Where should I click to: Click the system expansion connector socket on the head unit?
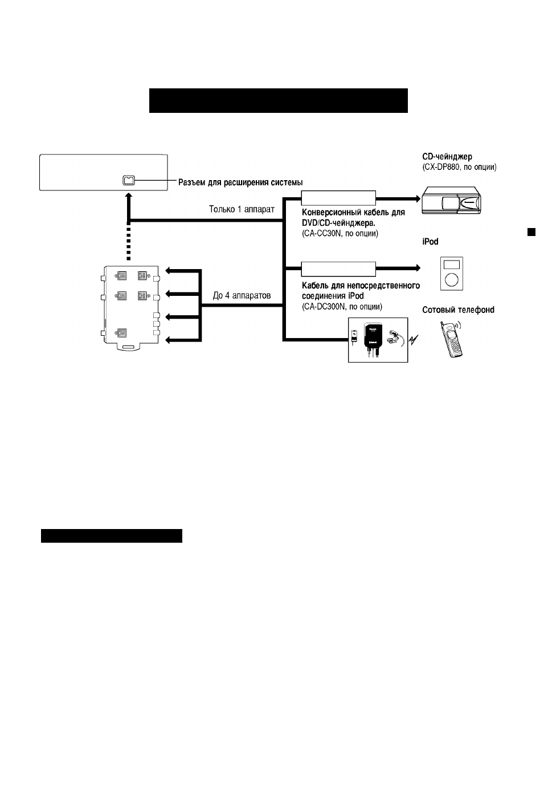tap(129, 180)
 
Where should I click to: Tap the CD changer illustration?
tap(451, 201)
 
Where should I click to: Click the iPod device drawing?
tap(451, 274)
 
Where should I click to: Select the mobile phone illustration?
tap(451, 339)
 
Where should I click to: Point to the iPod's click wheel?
tap(451, 280)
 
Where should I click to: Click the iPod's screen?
tap(451, 265)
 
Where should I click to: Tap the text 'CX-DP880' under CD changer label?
tap(441, 167)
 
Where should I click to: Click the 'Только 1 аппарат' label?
tap(242, 209)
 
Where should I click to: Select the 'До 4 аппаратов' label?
tap(242, 296)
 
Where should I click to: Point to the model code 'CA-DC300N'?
tap(324, 307)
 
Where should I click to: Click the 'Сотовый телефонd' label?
tap(458, 310)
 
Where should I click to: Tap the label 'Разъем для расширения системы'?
tap(240, 182)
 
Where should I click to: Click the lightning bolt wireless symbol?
tap(414, 339)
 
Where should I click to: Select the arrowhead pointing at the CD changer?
tap(418, 199)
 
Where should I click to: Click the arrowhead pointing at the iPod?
tap(418, 268)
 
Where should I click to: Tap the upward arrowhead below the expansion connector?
tap(129, 195)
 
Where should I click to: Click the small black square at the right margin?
tap(531, 232)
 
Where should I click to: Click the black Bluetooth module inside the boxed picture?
tap(371, 335)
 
